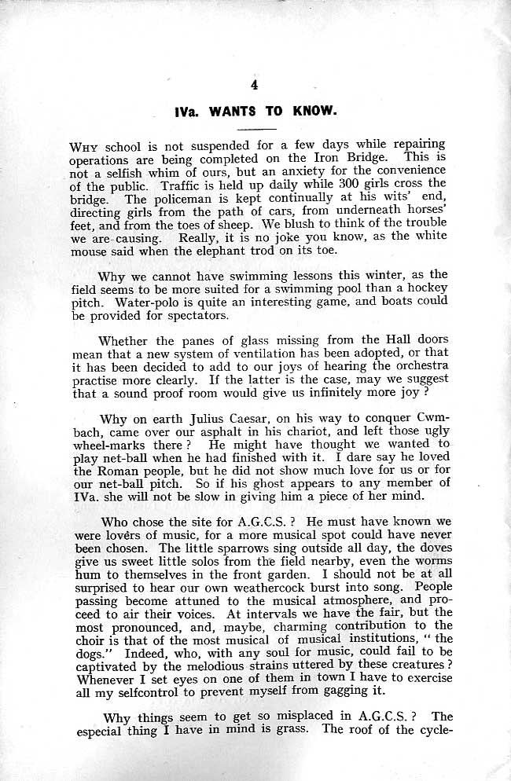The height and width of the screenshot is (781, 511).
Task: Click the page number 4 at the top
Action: (x=254, y=85)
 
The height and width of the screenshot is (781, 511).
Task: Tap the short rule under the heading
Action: (x=256, y=126)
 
